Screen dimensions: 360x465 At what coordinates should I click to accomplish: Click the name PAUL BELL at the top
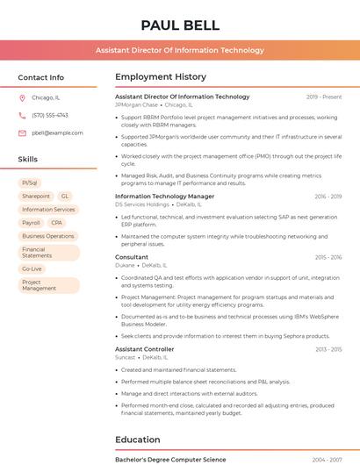click(180, 25)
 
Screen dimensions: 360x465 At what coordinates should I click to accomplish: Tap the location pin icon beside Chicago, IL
click(22, 98)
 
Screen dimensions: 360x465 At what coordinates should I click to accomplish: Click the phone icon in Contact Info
click(22, 115)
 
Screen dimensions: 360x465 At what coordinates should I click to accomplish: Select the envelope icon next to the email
click(22, 132)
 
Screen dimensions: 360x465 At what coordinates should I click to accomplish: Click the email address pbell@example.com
click(57, 132)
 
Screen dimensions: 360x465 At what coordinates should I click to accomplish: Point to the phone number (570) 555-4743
click(50, 115)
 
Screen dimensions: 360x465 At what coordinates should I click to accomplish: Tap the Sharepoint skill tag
click(36, 197)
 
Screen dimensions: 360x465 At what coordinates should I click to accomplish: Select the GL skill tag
click(65, 197)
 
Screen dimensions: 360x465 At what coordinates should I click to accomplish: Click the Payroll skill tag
click(31, 223)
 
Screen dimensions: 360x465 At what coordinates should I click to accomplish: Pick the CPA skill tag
click(57, 223)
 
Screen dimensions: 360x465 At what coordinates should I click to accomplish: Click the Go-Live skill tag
click(32, 268)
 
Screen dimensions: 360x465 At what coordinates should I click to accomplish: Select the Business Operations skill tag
click(48, 236)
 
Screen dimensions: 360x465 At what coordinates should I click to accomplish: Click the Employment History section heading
click(161, 77)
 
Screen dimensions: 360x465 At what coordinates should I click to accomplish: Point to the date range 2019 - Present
click(324, 97)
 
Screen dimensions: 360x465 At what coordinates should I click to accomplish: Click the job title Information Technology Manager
click(164, 197)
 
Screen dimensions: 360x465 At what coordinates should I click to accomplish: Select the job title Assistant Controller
click(146, 349)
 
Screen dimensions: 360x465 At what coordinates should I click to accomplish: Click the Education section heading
click(138, 440)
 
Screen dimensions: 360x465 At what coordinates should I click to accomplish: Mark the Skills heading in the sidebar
click(28, 159)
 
